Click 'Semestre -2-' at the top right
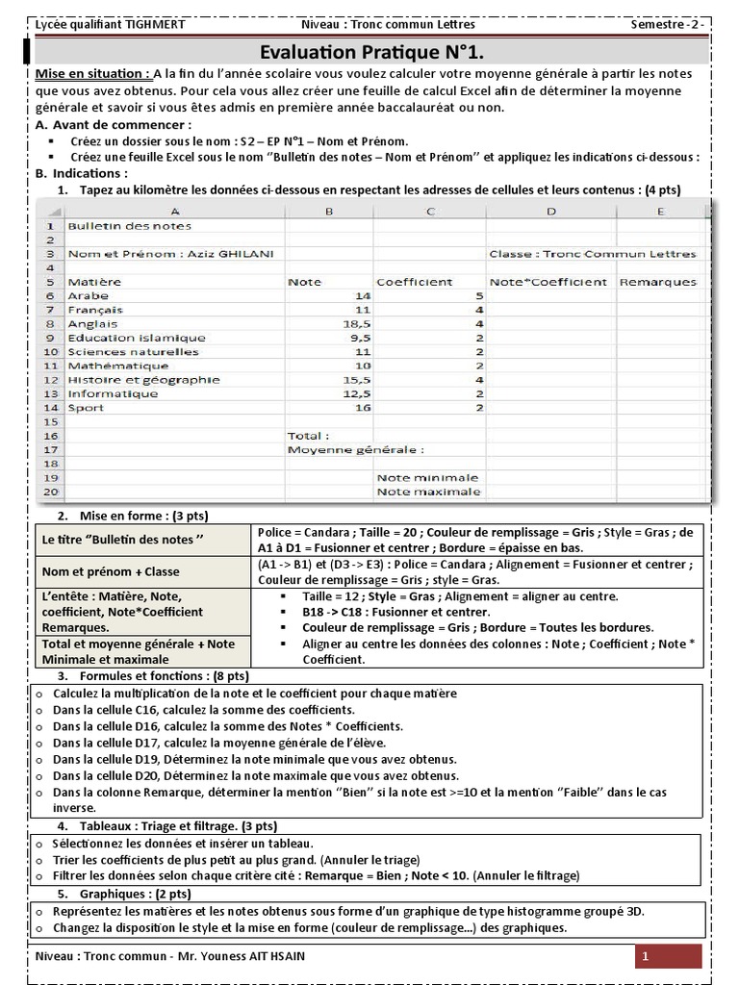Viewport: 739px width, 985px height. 671,23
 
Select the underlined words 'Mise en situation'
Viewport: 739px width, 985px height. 91,74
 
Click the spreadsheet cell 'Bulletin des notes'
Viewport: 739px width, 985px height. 130,226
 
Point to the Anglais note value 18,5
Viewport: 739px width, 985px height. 330,324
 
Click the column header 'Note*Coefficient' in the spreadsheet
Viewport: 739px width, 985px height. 548,282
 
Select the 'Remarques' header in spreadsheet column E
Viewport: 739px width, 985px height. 658,282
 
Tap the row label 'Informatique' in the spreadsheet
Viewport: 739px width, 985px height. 113,393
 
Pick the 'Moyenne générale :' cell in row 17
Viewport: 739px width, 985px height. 356,449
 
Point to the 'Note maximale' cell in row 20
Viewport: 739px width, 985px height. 428,492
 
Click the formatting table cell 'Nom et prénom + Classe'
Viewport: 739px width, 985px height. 111,571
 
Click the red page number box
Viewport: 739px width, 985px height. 669,957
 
